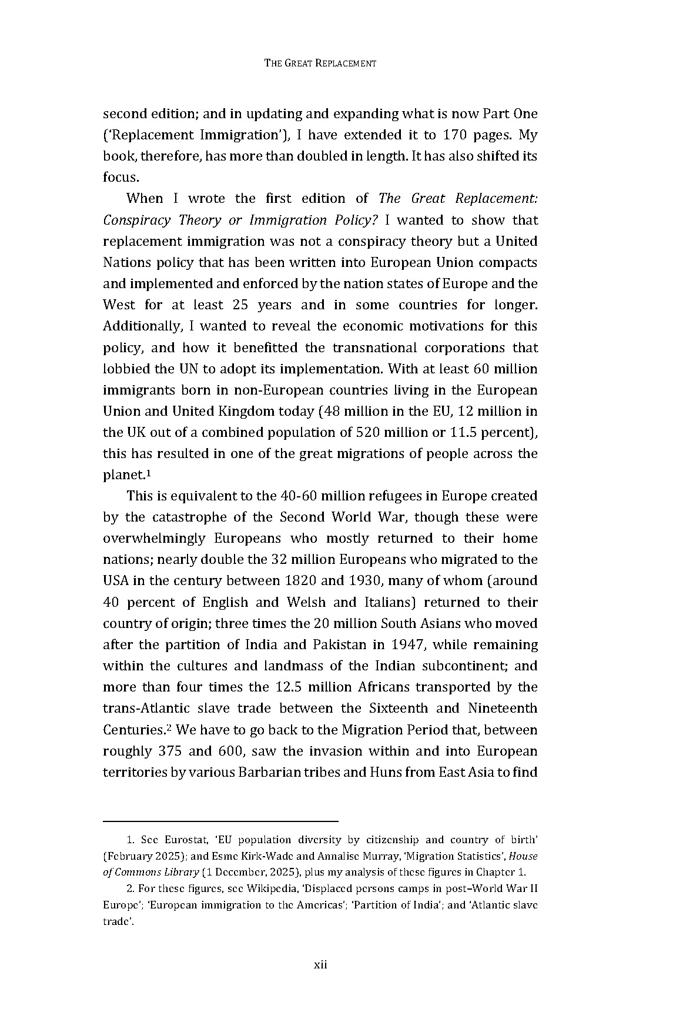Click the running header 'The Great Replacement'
320,64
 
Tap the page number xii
320,965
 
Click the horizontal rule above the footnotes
220,820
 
